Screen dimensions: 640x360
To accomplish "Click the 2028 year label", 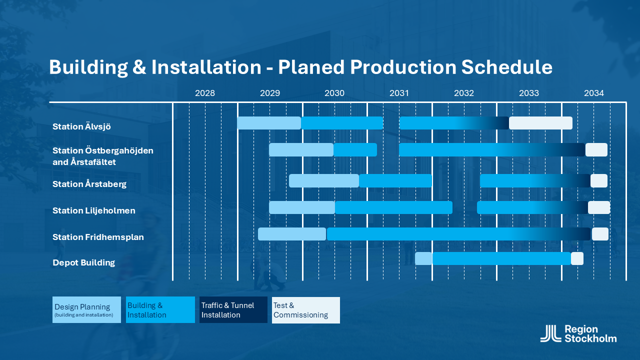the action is pos(205,93).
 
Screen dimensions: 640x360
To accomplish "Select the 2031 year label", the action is pos(399,93).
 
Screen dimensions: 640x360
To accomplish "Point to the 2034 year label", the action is pos(593,93).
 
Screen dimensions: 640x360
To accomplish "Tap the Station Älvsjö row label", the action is pos(81,126).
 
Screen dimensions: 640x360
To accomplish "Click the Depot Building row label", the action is pos(83,262).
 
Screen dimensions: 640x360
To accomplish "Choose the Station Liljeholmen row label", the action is pos(93,210).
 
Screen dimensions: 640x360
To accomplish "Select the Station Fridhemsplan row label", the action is pos(98,237).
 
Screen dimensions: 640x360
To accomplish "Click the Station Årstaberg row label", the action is pos(89,183).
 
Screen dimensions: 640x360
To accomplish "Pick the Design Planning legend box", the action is pos(86,309).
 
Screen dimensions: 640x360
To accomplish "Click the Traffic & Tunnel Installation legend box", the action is pos(233,309).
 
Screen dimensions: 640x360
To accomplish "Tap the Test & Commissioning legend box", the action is pos(306,310).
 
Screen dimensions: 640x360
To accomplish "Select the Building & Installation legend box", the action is pos(160,309).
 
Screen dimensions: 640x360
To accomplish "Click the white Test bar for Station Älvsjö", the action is pos(540,123).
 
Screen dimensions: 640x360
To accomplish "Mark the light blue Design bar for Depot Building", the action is pos(423,258).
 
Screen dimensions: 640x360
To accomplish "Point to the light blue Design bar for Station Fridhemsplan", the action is pos(292,234).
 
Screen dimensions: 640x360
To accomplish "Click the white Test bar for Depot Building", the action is pos(577,258).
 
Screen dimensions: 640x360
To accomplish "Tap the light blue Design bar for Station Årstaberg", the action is pos(324,181).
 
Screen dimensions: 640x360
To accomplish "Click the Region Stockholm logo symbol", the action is pos(550,333).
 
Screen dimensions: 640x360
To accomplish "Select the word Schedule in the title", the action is pos(507,67).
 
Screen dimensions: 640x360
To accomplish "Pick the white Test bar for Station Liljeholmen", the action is pos(599,207).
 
